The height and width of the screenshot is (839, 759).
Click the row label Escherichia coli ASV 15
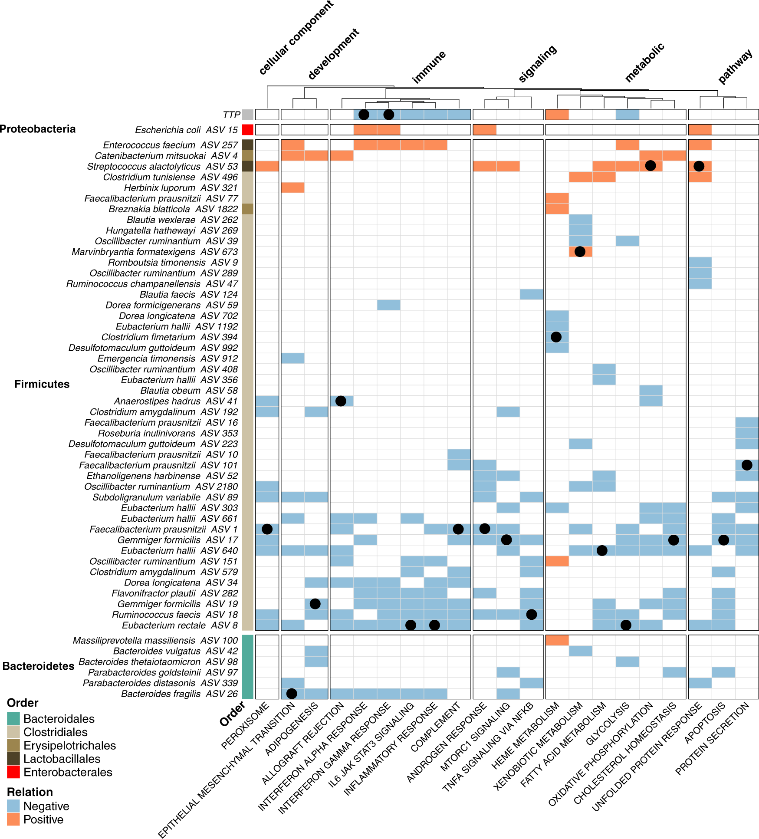coord(186,130)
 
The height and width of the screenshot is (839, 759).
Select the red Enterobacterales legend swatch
coord(13,772)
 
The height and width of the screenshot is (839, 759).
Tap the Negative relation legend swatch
coord(13,806)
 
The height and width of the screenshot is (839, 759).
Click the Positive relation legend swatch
coord(13,819)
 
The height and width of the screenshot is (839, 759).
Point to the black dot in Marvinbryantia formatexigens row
coord(580,251)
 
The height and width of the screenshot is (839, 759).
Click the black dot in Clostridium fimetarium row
coord(556,337)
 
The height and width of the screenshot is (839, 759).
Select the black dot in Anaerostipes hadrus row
coord(341,401)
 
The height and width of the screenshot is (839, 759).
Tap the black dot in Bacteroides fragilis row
coord(292,694)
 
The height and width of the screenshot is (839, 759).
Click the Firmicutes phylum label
coord(42,384)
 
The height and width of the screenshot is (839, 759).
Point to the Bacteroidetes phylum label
coord(38,666)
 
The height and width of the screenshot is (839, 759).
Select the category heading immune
coord(429,67)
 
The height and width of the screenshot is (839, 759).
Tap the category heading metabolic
coord(644,63)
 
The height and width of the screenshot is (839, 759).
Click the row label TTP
coord(231,115)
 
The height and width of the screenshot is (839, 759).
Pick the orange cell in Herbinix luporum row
coord(293,188)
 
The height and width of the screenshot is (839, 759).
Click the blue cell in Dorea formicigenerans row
coord(388,305)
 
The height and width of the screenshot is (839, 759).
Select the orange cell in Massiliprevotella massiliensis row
coord(557,640)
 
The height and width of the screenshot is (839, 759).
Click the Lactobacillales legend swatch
coord(13,759)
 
